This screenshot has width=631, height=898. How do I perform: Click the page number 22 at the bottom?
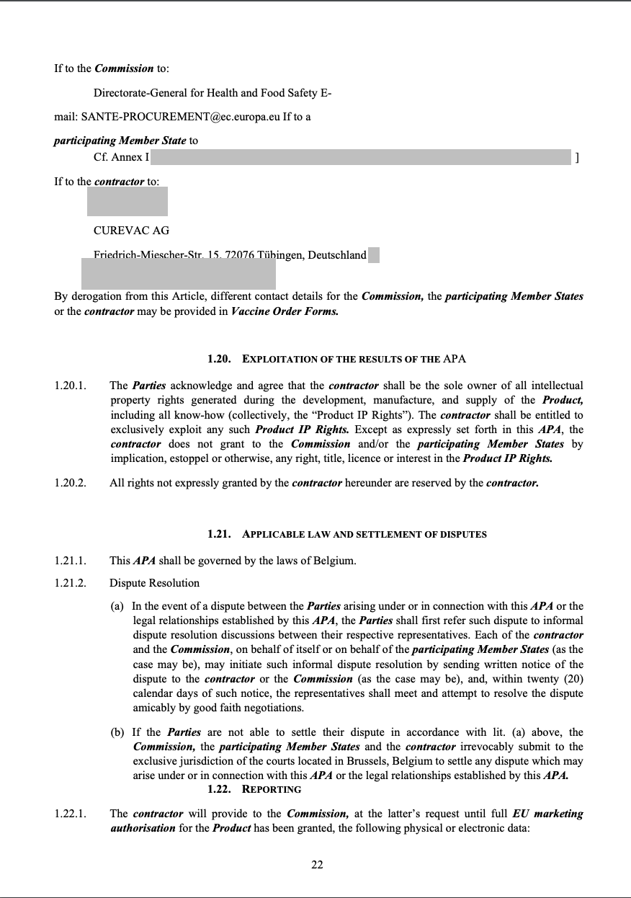point(317,866)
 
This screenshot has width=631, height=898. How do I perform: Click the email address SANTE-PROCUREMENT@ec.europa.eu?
point(176,116)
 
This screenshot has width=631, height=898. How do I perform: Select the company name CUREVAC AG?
point(132,231)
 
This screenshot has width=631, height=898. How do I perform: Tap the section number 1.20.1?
point(70,386)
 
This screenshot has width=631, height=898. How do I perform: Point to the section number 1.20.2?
point(70,483)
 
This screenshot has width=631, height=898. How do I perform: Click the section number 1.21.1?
point(70,561)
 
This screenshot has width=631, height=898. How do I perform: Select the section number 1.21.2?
point(70,582)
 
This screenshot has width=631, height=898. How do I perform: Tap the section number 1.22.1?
point(70,814)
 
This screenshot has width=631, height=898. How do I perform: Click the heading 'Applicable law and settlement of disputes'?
point(364,535)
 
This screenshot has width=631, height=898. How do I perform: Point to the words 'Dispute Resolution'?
point(154,582)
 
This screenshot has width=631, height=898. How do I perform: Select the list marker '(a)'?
point(117,606)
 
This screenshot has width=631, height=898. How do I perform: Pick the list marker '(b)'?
point(117,732)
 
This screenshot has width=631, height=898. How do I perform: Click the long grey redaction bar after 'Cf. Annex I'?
point(360,158)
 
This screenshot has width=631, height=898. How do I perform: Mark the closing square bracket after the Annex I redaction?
point(577,158)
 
